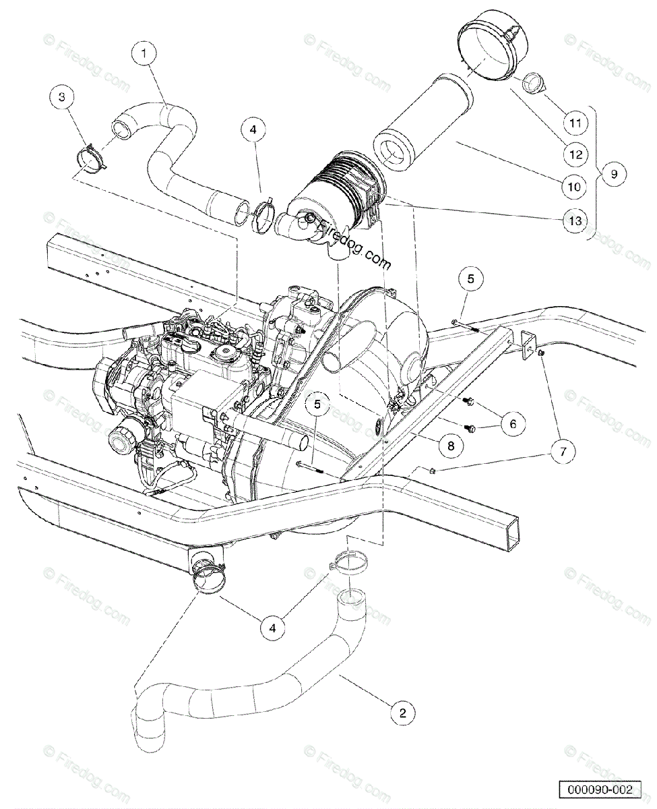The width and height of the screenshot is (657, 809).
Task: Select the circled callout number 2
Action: [402, 713]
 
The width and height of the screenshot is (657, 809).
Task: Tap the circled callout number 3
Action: [63, 98]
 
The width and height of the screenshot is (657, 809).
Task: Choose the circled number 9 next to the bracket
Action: [614, 174]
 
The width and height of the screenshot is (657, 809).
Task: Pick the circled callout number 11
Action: [573, 123]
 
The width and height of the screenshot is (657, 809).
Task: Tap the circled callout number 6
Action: [512, 423]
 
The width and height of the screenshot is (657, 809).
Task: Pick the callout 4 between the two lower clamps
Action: [272, 627]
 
